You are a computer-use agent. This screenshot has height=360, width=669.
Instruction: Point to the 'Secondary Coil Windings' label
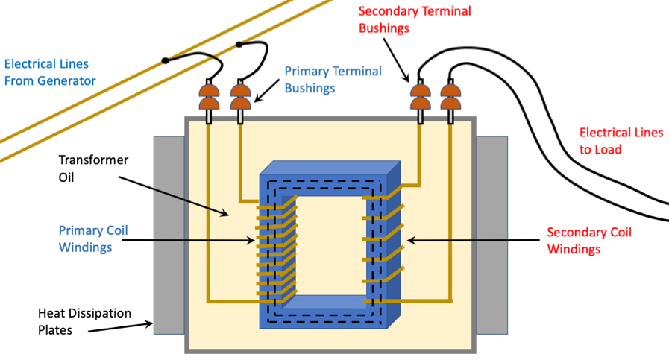click(x=589, y=240)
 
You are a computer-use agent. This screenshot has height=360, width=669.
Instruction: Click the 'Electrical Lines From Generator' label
click(x=50, y=72)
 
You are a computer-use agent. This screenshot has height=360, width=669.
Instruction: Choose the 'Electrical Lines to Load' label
click(x=621, y=141)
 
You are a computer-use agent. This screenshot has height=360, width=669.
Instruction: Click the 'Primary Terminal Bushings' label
click(x=333, y=79)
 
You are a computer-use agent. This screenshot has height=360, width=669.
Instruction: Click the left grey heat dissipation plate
click(x=169, y=234)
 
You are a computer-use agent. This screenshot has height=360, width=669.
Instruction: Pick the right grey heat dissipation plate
click(x=491, y=234)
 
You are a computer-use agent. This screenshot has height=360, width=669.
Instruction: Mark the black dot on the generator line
click(x=165, y=60)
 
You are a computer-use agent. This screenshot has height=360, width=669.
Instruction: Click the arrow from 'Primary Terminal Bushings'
click(x=268, y=91)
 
